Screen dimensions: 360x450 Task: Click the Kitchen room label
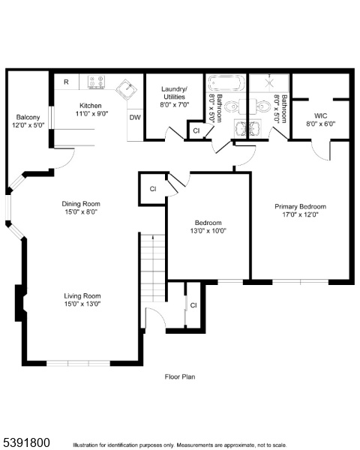[x=91, y=106]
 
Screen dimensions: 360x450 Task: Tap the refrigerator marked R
[x=66, y=82]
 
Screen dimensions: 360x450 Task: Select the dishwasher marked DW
[x=135, y=118]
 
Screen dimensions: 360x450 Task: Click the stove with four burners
[x=96, y=82]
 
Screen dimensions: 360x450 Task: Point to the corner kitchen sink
[x=127, y=89]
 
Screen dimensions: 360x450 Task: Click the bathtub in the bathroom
[x=226, y=83]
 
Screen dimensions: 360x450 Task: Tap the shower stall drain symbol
[x=269, y=83]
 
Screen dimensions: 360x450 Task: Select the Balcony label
[x=28, y=118]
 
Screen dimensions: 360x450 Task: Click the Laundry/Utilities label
[x=174, y=93]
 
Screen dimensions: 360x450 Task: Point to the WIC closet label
[x=321, y=116]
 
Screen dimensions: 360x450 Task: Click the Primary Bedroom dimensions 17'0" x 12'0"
[x=300, y=214]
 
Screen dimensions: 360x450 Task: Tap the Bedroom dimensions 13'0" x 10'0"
[x=208, y=230]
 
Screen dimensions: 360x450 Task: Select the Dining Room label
[x=81, y=204]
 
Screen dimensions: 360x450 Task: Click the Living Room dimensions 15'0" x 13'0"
[x=82, y=304]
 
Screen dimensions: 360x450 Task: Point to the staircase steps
[x=153, y=268]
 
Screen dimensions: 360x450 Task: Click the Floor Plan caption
[x=180, y=376]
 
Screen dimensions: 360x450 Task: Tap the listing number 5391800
[x=25, y=442]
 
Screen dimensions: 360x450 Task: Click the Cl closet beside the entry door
[x=193, y=305]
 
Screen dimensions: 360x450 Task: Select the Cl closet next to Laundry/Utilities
[x=196, y=130]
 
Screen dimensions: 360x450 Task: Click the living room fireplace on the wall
[x=21, y=303]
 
